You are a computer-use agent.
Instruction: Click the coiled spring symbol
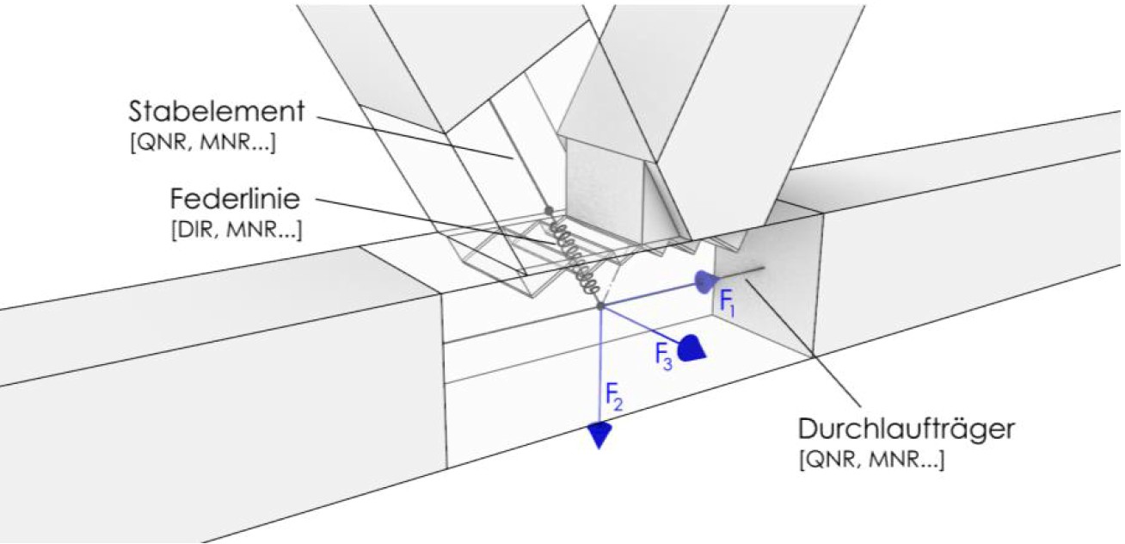coord(575,254)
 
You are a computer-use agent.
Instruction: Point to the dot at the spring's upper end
coord(548,209)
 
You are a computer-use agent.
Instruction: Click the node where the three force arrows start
coord(599,306)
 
